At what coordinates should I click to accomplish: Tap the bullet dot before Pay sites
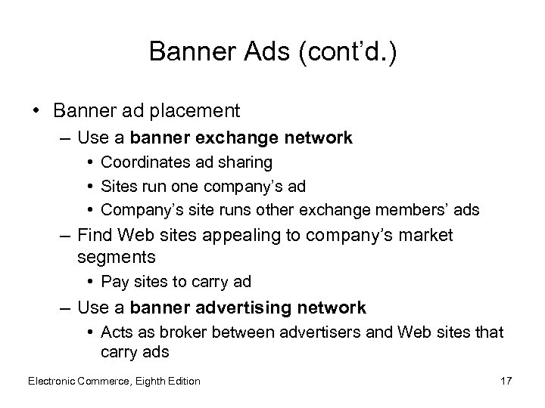click(x=90, y=283)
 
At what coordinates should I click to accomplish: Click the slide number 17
click(x=506, y=381)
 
